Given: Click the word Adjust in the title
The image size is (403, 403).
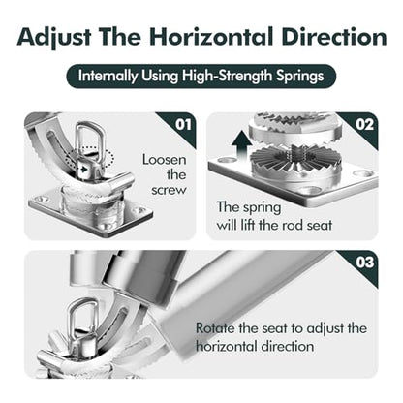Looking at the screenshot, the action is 54,38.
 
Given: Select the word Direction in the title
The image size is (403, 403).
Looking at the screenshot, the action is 334,37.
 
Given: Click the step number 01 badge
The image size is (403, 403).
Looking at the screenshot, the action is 183,125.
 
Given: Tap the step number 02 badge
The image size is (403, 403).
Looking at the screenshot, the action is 365,125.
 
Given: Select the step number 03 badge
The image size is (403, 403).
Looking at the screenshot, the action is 365,263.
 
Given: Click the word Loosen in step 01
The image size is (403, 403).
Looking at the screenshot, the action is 165,160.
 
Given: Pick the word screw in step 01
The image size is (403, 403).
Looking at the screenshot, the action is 169,190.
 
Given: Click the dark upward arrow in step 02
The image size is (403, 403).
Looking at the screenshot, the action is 241,144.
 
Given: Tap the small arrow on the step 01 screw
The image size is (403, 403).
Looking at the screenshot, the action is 83,169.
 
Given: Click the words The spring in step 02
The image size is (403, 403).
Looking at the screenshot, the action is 248,207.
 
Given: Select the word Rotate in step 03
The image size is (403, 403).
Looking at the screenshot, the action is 215,328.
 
